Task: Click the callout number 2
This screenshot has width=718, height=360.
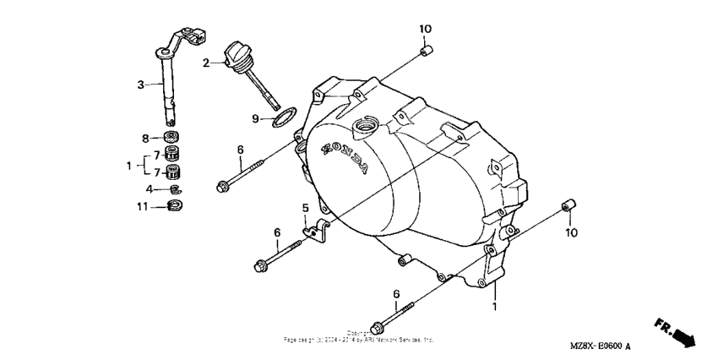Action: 205,62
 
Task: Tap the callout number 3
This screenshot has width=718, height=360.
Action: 141,84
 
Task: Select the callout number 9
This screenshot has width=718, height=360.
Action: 254,118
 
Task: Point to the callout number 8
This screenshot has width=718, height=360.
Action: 145,138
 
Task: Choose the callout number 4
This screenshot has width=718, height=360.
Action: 150,188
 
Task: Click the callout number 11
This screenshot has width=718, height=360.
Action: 144,205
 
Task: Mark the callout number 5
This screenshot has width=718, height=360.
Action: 306,207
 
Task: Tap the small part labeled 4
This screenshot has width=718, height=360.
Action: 176,188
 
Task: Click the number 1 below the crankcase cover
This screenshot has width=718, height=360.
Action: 495,308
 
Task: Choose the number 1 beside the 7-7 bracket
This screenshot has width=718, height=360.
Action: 129,165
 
